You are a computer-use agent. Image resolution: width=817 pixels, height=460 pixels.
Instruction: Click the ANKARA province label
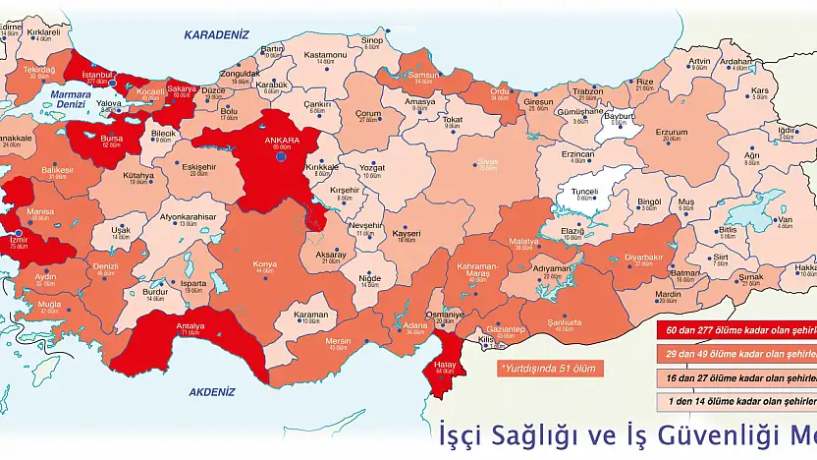(281, 140)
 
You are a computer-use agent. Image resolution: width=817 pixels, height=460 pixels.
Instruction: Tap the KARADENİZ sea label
(217, 34)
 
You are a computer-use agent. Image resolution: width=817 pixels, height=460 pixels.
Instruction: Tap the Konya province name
(264, 263)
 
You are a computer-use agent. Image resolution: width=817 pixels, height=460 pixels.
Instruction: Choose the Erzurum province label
(672, 132)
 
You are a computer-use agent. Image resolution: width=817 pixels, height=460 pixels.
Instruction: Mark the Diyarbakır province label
(643, 257)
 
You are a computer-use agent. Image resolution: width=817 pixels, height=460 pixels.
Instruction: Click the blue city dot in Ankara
(281, 156)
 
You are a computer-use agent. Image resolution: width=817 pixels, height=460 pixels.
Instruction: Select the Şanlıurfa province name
(565, 321)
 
